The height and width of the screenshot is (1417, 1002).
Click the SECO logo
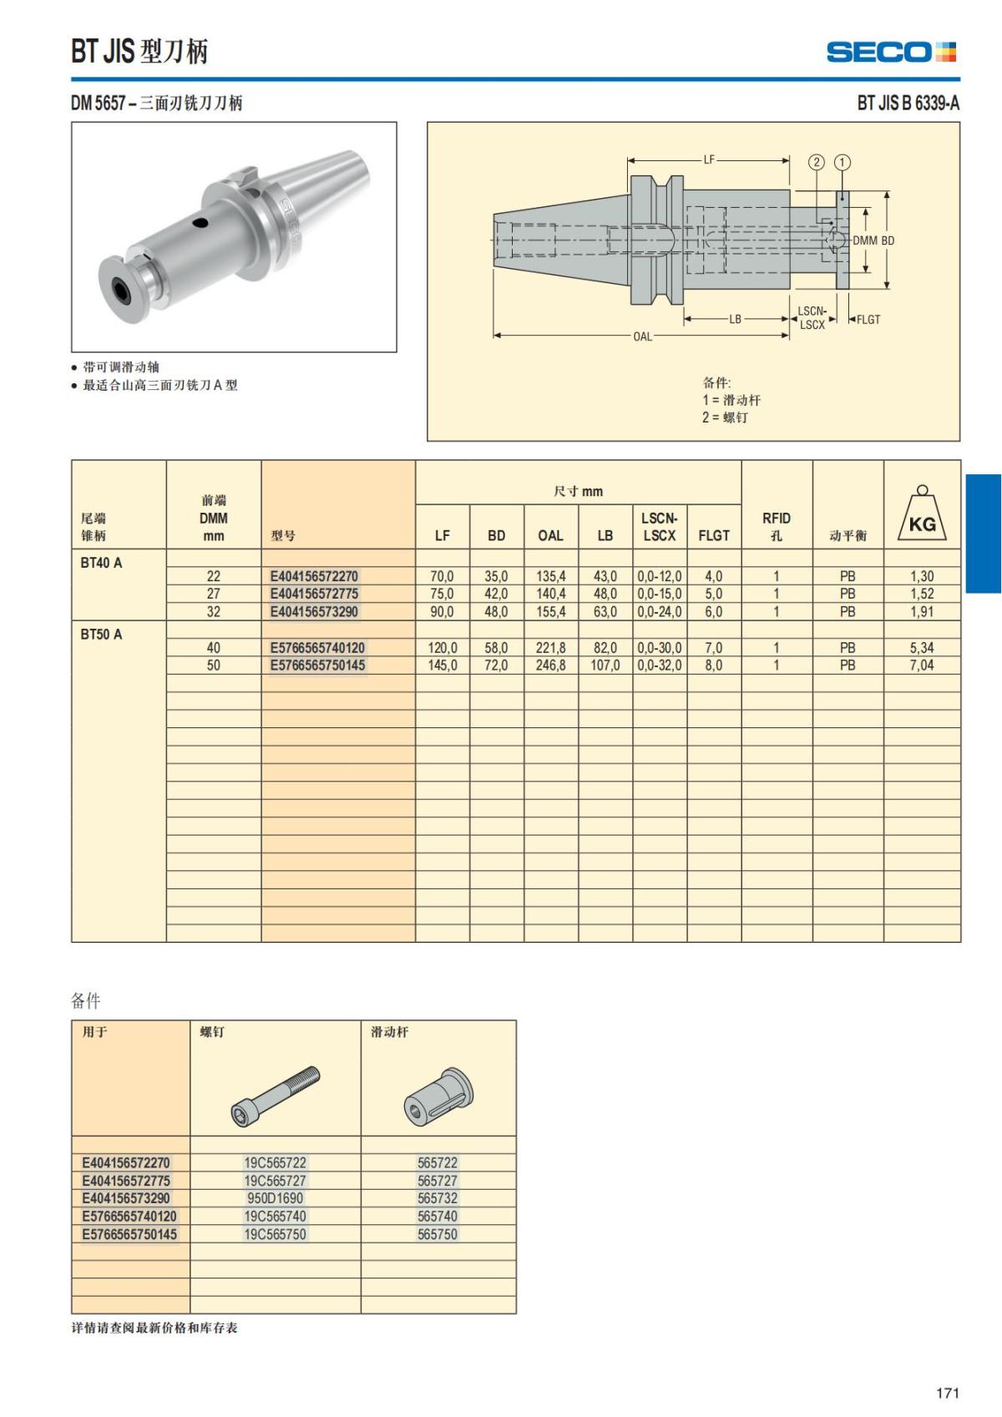click(x=891, y=52)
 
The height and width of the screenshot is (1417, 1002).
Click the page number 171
click(x=948, y=1393)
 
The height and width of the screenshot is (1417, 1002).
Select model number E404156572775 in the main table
click(x=314, y=594)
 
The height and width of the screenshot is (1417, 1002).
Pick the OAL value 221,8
click(x=550, y=648)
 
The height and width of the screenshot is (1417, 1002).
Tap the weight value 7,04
click(x=922, y=665)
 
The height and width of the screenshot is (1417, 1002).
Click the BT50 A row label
click(x=101, y=635)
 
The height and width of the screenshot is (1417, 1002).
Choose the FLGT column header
click(x=714, y=535)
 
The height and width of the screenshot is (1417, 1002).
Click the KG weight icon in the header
click(x=922, y=514)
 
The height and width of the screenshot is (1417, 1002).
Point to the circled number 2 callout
click(x=817, y=162)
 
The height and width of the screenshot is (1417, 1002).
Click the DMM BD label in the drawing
click(x=873, y=240)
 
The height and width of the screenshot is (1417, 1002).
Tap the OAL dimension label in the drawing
click(x=642, y=337)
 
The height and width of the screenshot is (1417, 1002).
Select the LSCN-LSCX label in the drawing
click(x=812, y=318)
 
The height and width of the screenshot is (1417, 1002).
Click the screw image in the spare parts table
click(x=276, y=1095)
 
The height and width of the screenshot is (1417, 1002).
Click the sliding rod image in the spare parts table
click(x=438, y=1095)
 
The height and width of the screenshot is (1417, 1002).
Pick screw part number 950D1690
click(x=275, y=1198)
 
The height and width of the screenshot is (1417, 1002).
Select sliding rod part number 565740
click(x=438, y=1217)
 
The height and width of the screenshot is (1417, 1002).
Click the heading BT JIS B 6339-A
click(x=908, y=103)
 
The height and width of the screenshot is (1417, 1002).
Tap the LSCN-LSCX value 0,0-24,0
click(x=660, y=612)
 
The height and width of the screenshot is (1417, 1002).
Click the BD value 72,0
click(x=496, y=665)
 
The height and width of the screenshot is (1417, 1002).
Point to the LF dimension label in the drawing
click(x=709, y=159)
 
